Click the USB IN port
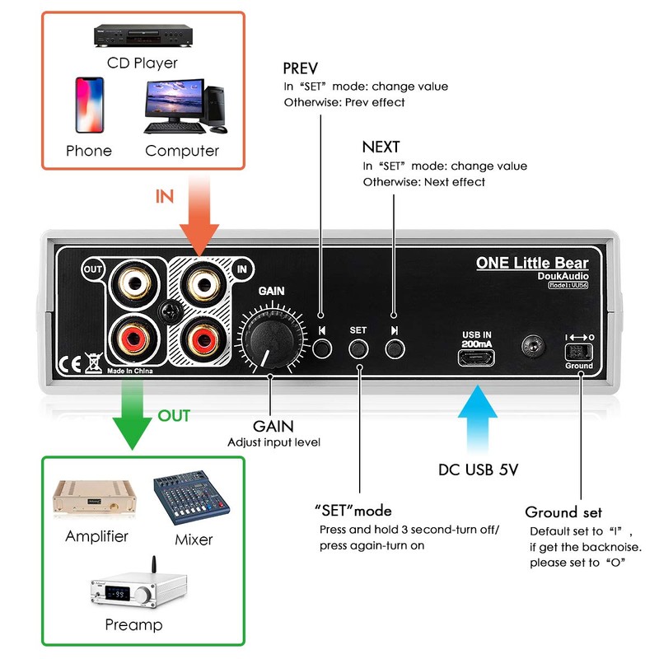[x=478, y=358]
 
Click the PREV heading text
[x=300, y=68]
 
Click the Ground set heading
[x=563, y=512]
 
